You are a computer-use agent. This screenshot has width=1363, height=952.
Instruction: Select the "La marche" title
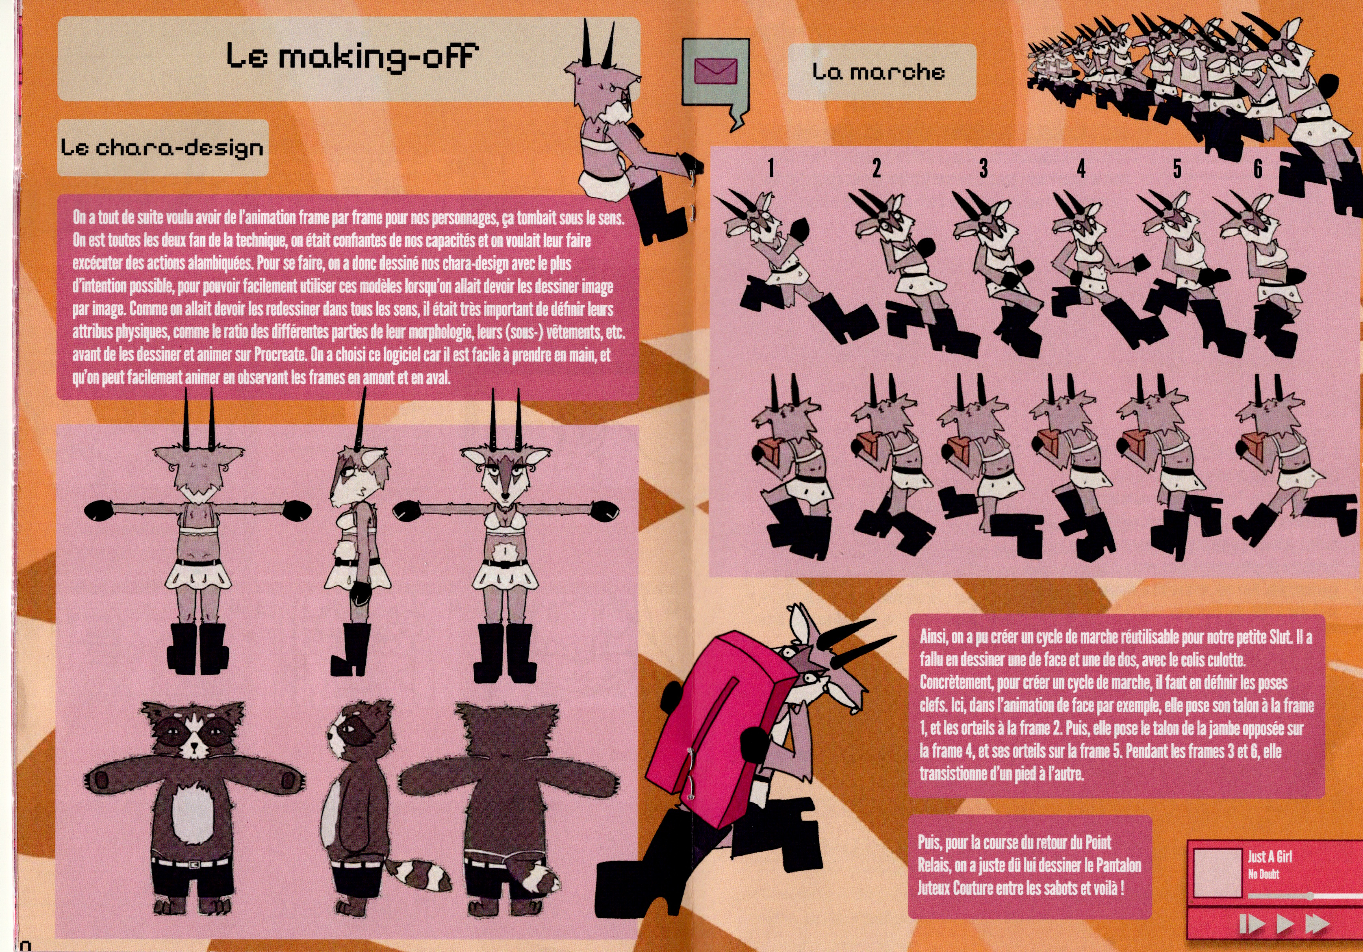879,72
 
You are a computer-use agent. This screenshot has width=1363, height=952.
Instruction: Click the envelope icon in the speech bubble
715,72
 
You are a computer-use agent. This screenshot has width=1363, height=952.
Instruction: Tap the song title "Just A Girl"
1269,857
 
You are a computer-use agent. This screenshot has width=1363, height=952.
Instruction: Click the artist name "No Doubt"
1263,874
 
